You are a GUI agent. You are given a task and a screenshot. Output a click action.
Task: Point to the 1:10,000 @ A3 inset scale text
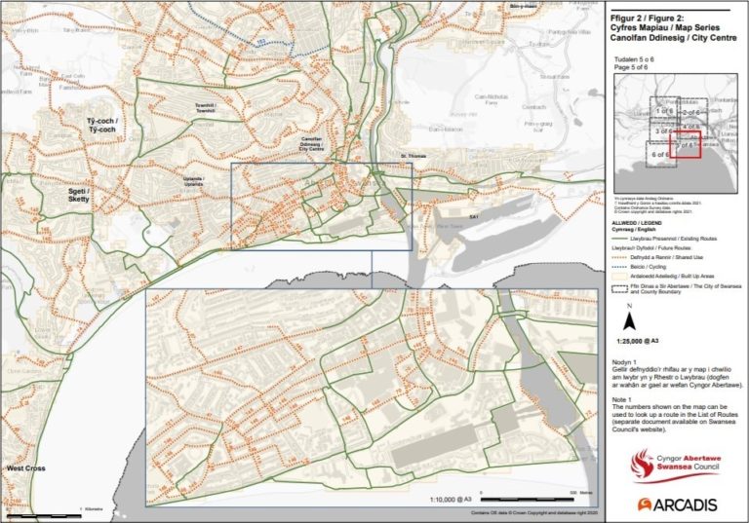point(453,497)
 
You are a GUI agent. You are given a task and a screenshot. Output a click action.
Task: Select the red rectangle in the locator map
point(687,145)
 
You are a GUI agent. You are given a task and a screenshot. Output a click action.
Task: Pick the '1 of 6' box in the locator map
point(666,111)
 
